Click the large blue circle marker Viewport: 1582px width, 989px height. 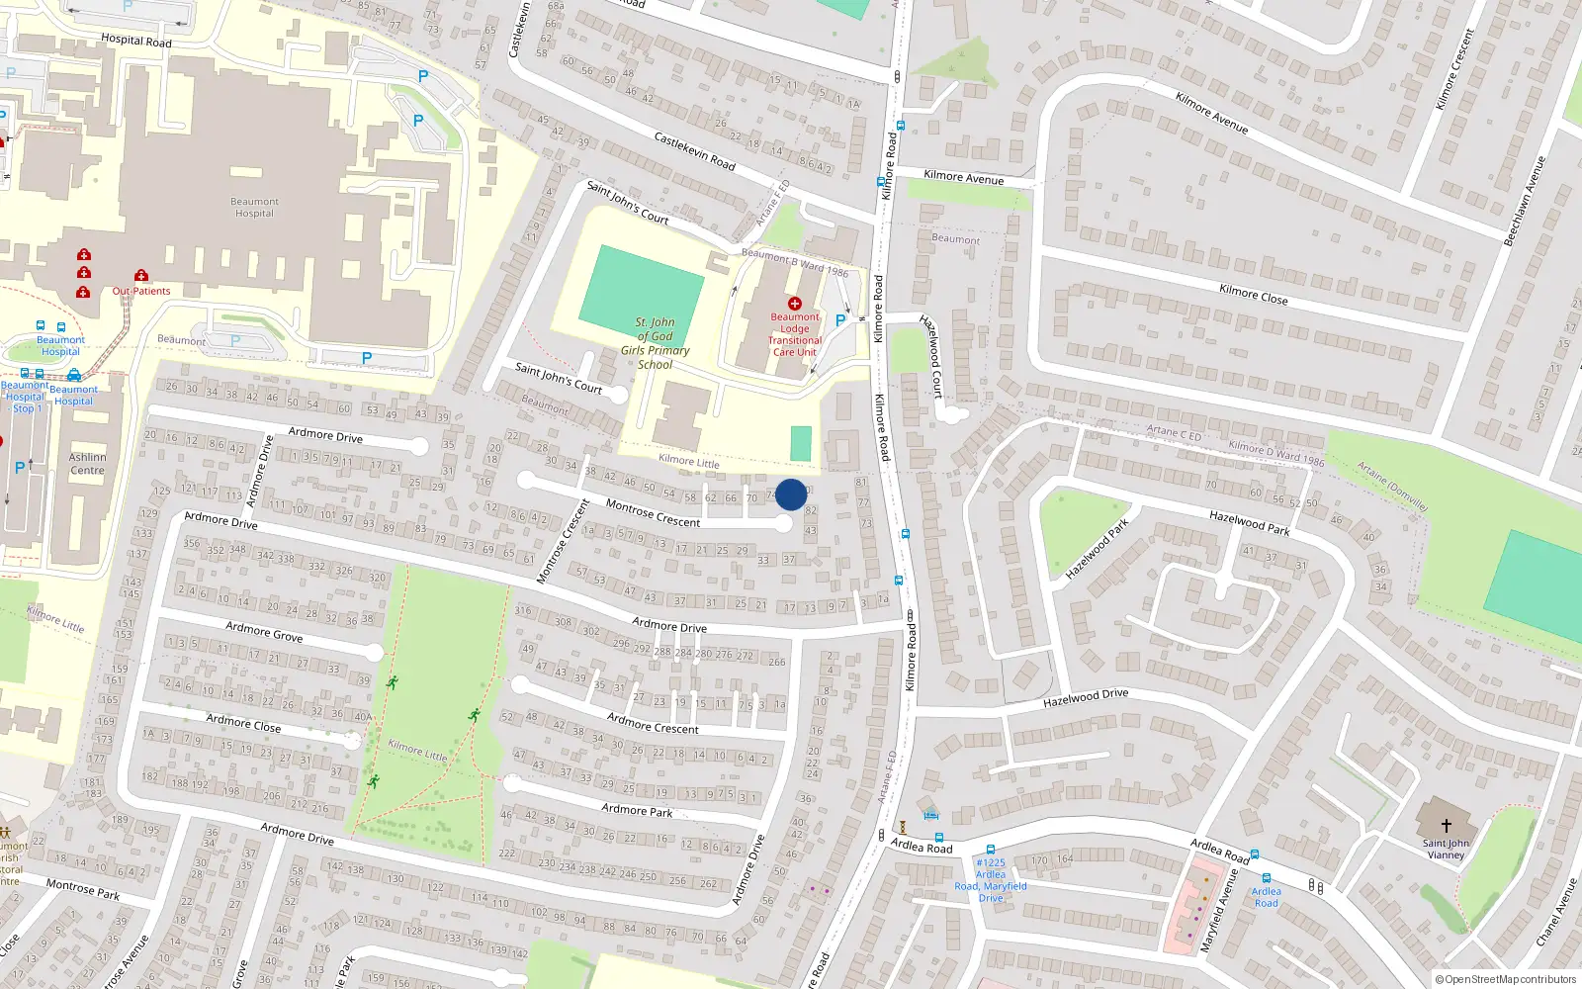coord(791,494)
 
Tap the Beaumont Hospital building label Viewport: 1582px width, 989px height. coord(254,208)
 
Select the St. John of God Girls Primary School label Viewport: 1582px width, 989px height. coord(655,343)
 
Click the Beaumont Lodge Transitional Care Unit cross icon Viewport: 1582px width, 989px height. coord(795,304)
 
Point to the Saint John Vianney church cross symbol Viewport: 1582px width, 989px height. coord(1447,825)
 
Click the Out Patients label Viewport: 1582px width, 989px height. coord(140,291)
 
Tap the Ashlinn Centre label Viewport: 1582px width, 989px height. coord(87,464)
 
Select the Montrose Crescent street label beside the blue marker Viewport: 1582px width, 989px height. coord(653,514)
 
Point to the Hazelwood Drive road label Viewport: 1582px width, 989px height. coord(1086,698)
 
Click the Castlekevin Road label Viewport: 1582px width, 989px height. coord(694,150)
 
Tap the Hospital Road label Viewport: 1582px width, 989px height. coord(136,41)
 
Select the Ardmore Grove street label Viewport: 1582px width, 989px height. coord(264,631)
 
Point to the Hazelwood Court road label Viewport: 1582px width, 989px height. coord(931,356)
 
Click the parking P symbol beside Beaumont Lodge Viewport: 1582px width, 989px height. coord(840,320)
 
